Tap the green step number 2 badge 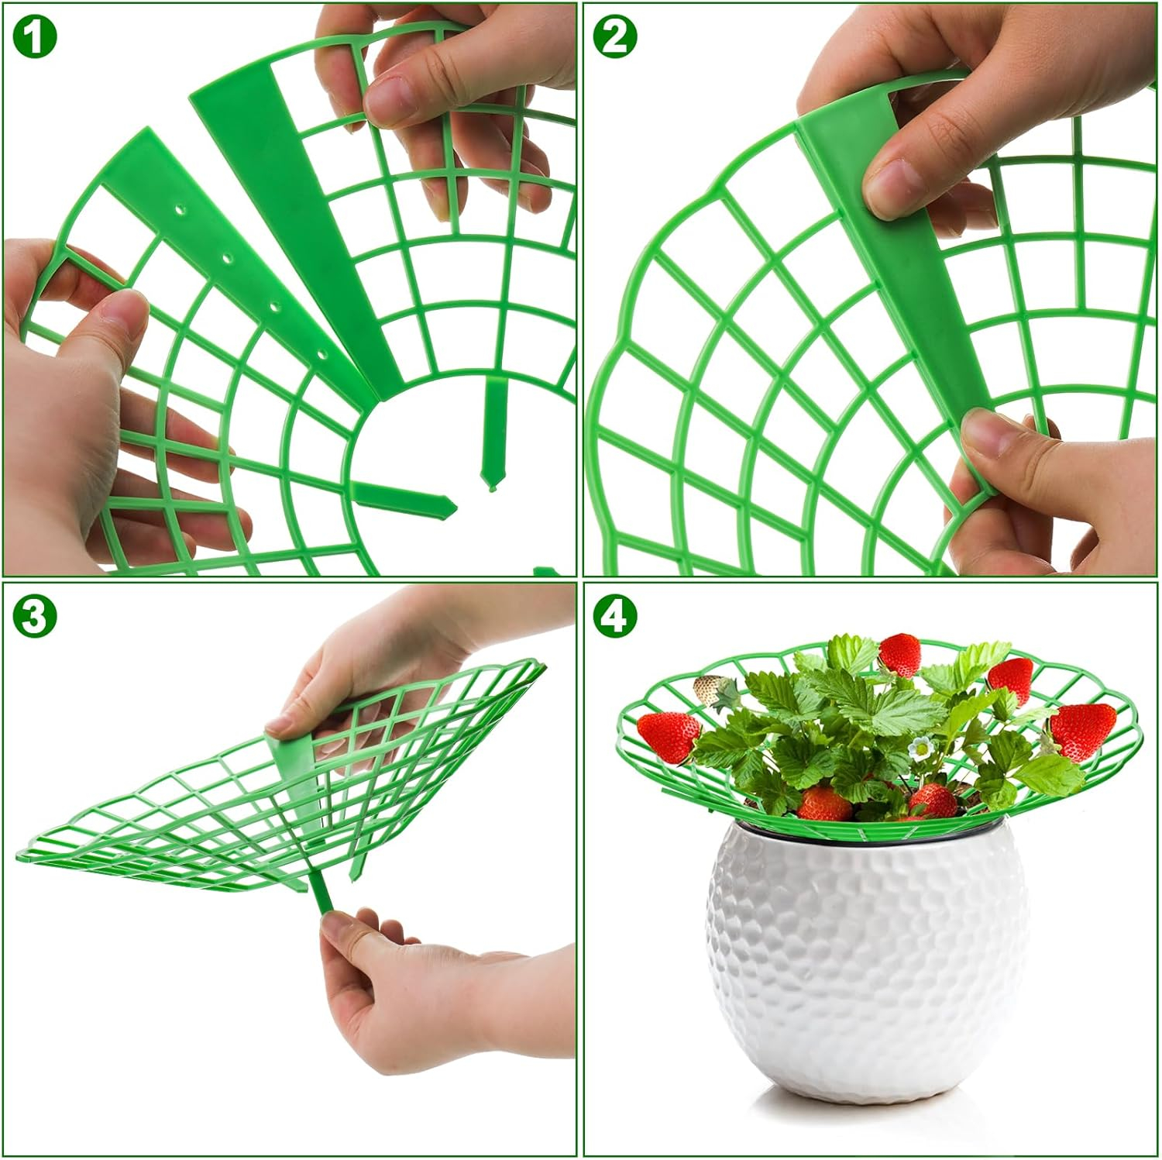click(x=615, y=36)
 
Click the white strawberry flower click(x=922, y=748)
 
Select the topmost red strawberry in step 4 click(x=900, y=655)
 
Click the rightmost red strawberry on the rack click(x=1084, y=731)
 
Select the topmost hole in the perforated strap click(x=180, y=209)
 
